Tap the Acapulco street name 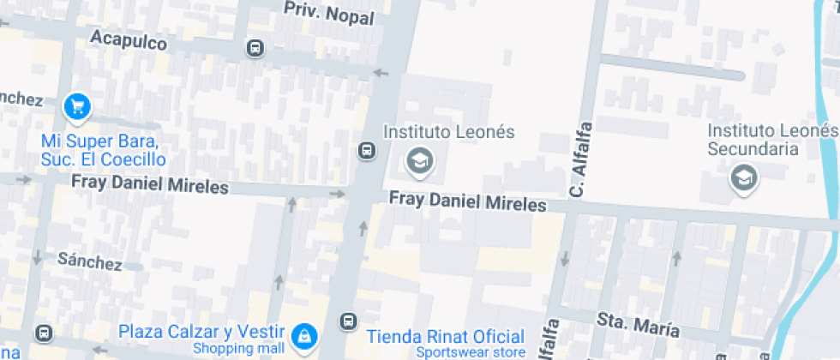pyautogui.click(x=129, y=39)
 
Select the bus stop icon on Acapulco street pyautogui.click(x=255, y=48)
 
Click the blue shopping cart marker pyautogui.click(x=78, y=106)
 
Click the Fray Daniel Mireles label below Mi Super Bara pyautogui.click(x=150, y=183)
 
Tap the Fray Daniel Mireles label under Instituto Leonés pyautogui.click(x=467, y=202)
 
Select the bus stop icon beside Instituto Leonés pyautogui.click(x=366, y=152)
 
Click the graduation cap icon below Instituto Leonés pyautogui.click(x=419, y=160)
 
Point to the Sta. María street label pyautogui.click(x=639, y=325)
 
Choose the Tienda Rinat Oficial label pyautogui.click(x=445, y=337)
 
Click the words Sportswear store pyautogui.click(x=470, y=352)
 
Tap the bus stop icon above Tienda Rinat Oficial pyautogui.click(x=348, y=321)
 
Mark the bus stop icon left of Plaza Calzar pyautogui.click(x=43, y=333)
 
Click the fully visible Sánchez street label pyautogui.click(x=89, y=261)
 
